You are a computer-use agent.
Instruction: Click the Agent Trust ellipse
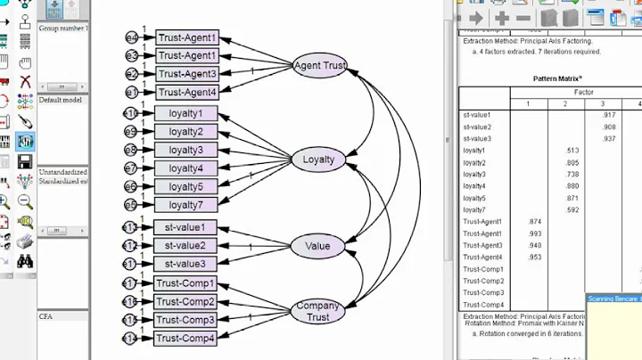(319, 65)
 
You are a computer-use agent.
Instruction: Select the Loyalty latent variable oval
(318, 160)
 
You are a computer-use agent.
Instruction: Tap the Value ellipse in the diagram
(317, 246)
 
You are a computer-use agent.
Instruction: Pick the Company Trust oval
(317, 311)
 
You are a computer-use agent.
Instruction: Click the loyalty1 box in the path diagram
(185, 113)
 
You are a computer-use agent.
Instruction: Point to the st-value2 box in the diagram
(185, 246)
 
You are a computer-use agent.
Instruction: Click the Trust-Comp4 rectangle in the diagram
(185, 338)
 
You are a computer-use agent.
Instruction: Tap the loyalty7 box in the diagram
(185, 205)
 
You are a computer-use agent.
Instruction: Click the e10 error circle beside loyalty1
(130, 113)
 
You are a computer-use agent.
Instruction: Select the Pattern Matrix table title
(558, 78)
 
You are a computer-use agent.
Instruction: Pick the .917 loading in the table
(608, 115)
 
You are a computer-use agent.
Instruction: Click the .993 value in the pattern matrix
(535, 233)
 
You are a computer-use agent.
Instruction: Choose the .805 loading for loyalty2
(572, 163)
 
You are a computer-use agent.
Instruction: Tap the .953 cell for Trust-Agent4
(535, 258)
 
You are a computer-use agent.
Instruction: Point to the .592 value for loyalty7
(572, 210)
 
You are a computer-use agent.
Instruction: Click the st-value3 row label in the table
(477, 139)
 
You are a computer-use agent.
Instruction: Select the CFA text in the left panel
(46, 315)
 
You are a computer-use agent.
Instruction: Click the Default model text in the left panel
(60, 100)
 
